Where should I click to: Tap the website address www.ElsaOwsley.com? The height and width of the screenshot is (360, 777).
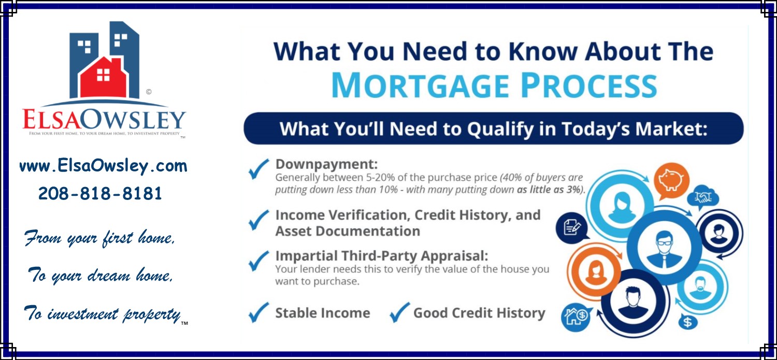click(x=103, y=166)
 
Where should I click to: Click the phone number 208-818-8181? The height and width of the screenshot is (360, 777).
click(x=100, y=194)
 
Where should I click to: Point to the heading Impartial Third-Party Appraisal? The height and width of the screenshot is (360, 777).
click(x=382, y=256)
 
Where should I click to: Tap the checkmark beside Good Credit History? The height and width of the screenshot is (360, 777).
click(x=399, y=312)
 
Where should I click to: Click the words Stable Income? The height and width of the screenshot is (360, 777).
click(x=322, y=313)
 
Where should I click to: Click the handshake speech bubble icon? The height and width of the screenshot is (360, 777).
click(x=702, y=197)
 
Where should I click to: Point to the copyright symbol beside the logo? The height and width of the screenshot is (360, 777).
click(x=149, y=92)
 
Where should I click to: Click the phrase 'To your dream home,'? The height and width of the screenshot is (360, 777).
click(x=100, y=276)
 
